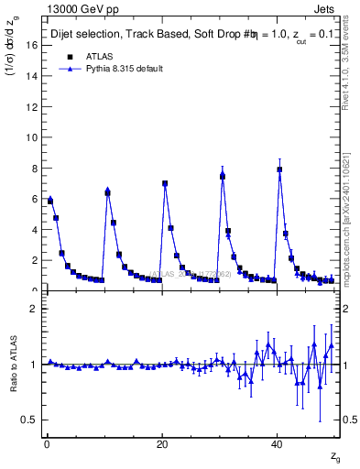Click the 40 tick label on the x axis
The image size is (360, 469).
[x=277, y=444]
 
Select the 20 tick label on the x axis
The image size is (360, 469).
[x=161, y=444]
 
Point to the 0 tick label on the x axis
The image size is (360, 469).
[x=46, y=444]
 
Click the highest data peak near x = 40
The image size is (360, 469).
[x=279, y=169]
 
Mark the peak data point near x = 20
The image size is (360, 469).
[x=165, y=183]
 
